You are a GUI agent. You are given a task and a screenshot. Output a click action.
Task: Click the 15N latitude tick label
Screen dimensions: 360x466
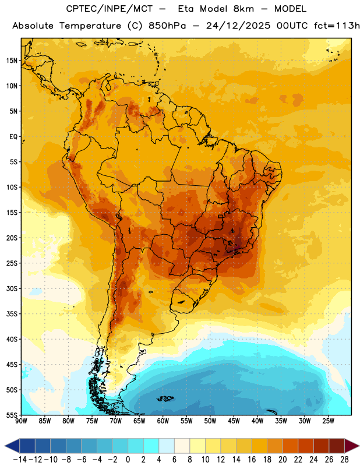(x=12, y=61)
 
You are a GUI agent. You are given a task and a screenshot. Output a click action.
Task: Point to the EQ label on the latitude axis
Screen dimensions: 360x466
(x=13, y=137)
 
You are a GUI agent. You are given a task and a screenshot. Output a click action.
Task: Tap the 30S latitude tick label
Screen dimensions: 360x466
(x=12, y=288)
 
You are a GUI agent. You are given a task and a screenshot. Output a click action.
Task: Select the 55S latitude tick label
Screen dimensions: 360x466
(x=12, y=415)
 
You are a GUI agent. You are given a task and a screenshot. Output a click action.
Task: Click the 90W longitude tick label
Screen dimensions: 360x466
(x=21, y=421)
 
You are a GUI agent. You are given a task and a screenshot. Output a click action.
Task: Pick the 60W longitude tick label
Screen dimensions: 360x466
(x=163, y=421)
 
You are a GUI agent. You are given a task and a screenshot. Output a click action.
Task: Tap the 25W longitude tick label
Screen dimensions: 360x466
(x=328, y=421)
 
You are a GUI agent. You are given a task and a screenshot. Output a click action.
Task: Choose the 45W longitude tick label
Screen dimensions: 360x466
(x=234, y=421)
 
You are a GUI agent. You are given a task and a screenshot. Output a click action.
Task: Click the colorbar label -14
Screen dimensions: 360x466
(x=20, y=460)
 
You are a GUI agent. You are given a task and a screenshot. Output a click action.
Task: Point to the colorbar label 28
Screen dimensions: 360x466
(x=344, y=460)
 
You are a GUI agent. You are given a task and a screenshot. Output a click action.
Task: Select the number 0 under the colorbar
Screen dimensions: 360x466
(x=128, y=460)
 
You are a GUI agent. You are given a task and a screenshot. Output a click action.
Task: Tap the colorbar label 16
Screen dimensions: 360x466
(x=252, y=460)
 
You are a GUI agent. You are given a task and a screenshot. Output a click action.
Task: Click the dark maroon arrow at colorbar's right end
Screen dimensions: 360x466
(x=352, y=446)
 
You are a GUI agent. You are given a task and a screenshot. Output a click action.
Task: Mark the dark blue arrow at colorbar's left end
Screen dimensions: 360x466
(x=12, y=446)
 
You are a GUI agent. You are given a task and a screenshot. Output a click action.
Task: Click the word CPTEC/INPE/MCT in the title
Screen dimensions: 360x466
(x=110, y=9)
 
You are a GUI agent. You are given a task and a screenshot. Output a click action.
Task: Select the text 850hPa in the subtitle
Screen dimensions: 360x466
(x=167, y=26)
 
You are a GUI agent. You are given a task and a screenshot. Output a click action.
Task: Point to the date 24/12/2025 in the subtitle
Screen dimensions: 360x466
(x=238, y=26)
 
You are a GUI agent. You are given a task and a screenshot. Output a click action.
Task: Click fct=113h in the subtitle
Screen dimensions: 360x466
(x=337, y=26)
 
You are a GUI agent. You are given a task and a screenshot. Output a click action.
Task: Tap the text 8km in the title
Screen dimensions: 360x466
(x=243, y=9)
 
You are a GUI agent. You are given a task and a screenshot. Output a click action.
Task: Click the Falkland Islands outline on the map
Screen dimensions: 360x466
(x=165, y=398)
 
